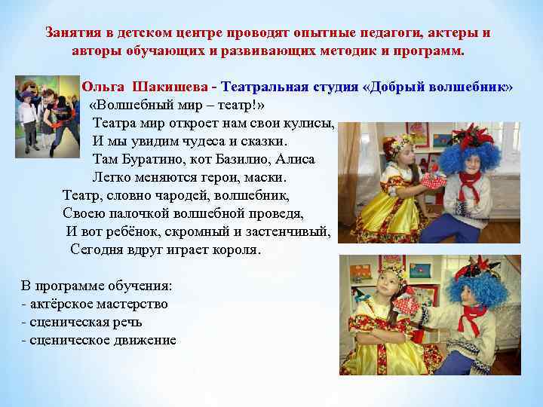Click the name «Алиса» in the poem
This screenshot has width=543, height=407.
click(297, 160)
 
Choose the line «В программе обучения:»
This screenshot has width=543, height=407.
click(97, 286)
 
